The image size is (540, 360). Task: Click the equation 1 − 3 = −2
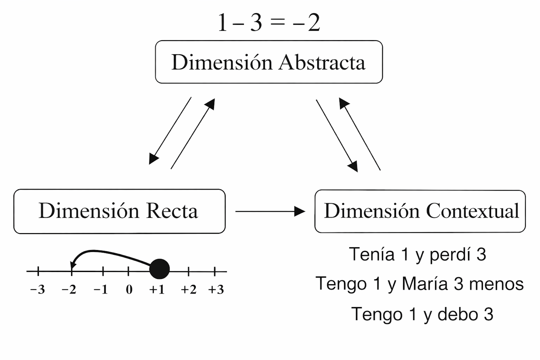point(269,22)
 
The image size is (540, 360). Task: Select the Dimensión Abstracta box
point(269,62)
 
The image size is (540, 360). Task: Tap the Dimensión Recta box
point(119,211)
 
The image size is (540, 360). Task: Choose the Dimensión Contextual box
point(420,211)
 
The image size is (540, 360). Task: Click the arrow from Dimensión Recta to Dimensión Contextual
point(270,211)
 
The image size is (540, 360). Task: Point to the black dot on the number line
point(159,269)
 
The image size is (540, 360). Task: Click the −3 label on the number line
point(38,289)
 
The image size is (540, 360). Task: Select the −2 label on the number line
point(69,289)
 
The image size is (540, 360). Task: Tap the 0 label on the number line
point(129,289)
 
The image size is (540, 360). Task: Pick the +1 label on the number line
point(157,289)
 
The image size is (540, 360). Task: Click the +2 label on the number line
point(188,289)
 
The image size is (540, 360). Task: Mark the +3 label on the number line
point(216,289)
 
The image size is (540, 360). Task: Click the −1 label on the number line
point(101,289)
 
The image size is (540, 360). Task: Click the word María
point(425,283)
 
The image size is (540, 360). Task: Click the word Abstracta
point(322,62)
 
